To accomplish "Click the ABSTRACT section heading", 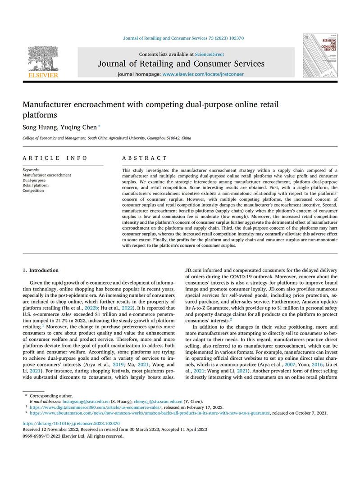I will pos(145,158).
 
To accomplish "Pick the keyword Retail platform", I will pos(36,185).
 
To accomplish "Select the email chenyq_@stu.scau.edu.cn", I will pos(158,401).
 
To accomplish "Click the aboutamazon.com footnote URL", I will pos(150,412).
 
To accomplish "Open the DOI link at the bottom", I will pos(71,423).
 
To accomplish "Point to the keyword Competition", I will pos(33,190).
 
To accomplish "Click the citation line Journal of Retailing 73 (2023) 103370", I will pos(183,38).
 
